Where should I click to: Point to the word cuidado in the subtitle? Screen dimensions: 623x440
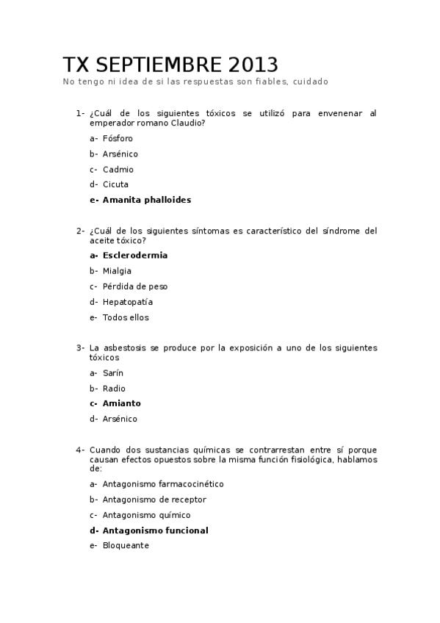pyautogui.click(x=310, y=82)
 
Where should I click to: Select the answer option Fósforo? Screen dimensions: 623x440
pyautogui.click(x=118, y=138)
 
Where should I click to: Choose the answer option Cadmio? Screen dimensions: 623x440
pyautogui.click(x=118, y=169)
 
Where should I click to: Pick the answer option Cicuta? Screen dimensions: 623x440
pyautogui.click(x=116, y=184)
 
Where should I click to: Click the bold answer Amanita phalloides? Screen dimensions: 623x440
pyautogui.click(x=146, y=200)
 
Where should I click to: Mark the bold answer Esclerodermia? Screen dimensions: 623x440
pyautogui.click(x=134, y=256)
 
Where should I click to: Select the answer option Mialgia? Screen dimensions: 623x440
pyautogui.click(x=117, y=271)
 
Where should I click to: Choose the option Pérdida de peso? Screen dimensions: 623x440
pyautogui.click(x=135, y=287)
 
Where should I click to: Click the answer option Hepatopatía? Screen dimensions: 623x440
pyautogui.click(x=128, y=302)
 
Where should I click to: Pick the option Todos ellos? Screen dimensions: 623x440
pyautogui.click(x=126, y=317)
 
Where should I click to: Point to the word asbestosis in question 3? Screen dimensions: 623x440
pyautogui.click(x=126, y=347)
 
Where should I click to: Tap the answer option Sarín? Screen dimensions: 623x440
pyautogui.click(x=113, y=373)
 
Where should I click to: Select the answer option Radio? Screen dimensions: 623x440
pyautogui.click(x=114, y=389)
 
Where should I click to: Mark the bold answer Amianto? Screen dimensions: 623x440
pyautogui.click(x=121, y=403)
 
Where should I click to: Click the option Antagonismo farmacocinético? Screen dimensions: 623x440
pyautogui.click(x=162, y=484)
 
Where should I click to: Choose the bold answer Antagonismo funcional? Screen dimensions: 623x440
pyautogui.click(x=155, y=530)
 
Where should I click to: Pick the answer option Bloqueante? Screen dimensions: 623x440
pyautogui.click(x=126, y=546)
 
